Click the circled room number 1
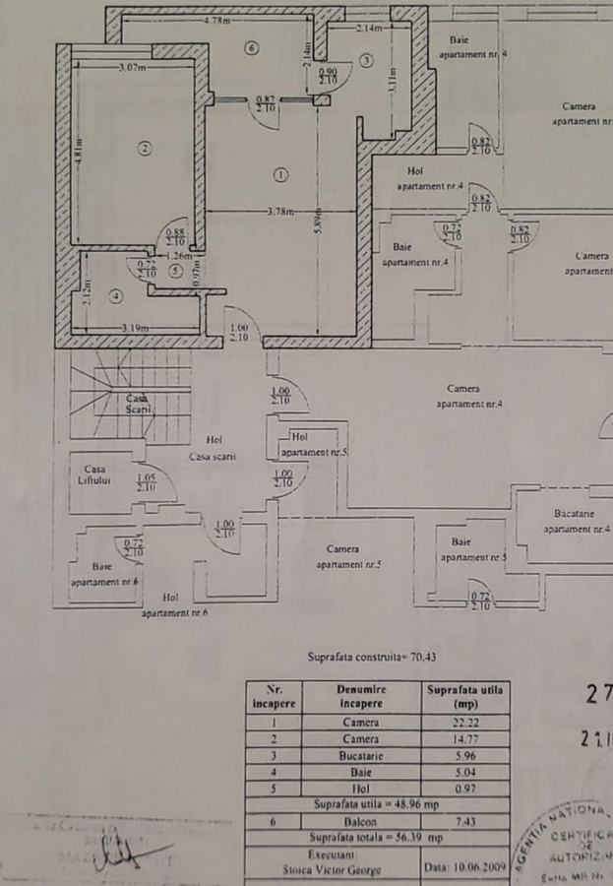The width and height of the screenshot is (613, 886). pos(281,175)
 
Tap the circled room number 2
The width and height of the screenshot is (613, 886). pos(145,149)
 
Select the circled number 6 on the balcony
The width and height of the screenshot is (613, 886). pos(252,48)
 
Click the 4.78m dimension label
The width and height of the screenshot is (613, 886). pos(217,20)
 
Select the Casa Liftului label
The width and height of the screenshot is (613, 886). pos(95,474)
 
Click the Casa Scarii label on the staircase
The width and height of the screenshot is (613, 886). pos(139,403)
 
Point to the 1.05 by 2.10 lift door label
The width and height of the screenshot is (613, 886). pos(147,482)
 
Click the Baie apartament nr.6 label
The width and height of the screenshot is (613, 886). pos(103,574)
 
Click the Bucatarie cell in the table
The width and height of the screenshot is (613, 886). pos(361,755)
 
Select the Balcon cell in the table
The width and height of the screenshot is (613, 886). pos(361,820)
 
